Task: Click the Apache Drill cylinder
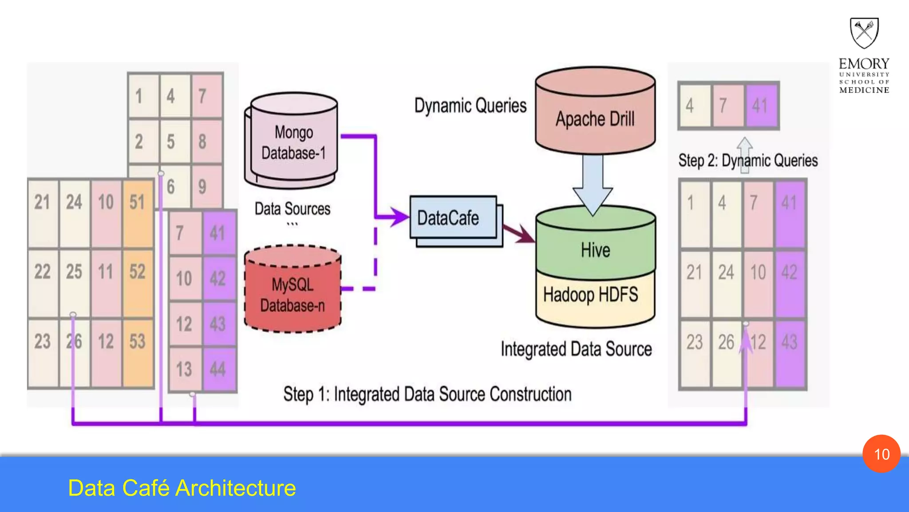[595, 116]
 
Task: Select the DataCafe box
[453, 218]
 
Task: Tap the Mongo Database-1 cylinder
[293, 142]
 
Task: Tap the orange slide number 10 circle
[881, 454]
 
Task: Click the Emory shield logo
[864, 32]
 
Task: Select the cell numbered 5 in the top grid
[171, 142]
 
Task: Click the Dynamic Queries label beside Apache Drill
[470, 106]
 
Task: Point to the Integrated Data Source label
[576, 349]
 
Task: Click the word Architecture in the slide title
[236, 488]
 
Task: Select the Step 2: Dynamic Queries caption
[748, 160]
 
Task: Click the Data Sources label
[292, 209]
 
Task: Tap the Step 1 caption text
[427, 395]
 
